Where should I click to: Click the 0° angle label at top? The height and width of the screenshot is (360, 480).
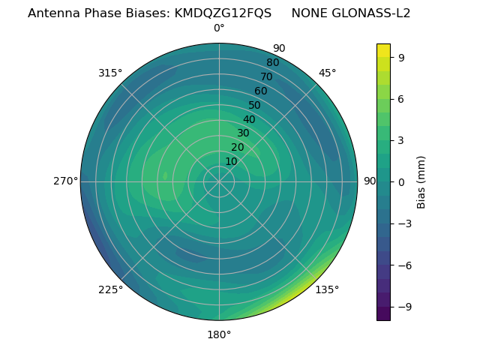coord(219,28)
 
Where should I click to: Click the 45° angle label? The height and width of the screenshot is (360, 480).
coord(327,73)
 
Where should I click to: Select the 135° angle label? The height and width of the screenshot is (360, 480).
coord(327,289)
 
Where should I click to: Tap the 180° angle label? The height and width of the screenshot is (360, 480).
coord(219,334)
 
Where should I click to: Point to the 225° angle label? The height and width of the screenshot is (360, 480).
coord(110,289)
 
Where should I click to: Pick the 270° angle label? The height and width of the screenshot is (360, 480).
coord(65,181)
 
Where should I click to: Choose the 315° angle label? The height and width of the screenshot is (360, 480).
coord(110,73)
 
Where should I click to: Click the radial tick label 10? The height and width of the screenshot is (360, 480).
coord(231,161)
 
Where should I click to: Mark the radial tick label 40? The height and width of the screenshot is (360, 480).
coord(249,119)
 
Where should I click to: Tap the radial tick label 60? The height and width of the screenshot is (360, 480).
coord(261,91)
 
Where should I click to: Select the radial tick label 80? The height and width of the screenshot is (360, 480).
coord(273,62)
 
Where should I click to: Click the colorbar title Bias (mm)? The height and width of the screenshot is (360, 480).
coord(421,181)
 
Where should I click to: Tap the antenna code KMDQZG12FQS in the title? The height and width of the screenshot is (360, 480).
coord(223,13)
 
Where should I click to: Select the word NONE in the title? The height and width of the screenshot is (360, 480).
coord(308,13)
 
